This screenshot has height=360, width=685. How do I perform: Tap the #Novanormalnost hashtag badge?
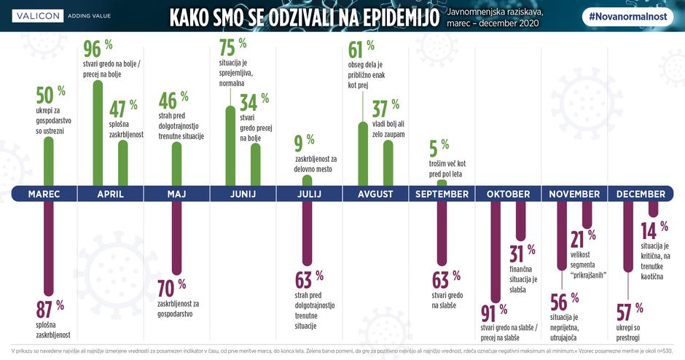(x=630, y=16)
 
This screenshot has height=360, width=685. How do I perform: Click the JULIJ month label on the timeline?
(x=309, y=194)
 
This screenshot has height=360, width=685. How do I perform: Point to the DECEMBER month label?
(x=641, y=194)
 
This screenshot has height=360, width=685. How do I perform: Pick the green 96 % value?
(x=96, y=50)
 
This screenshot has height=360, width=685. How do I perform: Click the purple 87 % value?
(x=50, y=306)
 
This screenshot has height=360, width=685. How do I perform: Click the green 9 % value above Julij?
(x=305, y=140)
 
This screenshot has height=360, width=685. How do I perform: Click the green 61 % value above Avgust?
(x=360, y=50)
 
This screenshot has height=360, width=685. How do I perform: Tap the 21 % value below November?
(x=582, y=238)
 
